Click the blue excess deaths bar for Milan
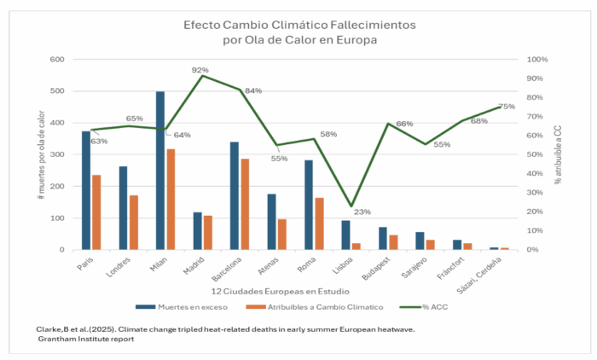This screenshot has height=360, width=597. tap(160, 171)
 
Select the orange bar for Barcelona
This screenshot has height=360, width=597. tap(246, 205)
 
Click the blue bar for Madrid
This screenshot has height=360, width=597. tap(198, 231)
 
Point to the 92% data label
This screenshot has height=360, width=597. tap(200, 70)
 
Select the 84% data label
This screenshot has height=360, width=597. tap(252, 91)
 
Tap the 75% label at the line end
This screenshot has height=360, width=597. tap(507, 107)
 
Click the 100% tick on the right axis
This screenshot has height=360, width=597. tap(537, 60)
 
